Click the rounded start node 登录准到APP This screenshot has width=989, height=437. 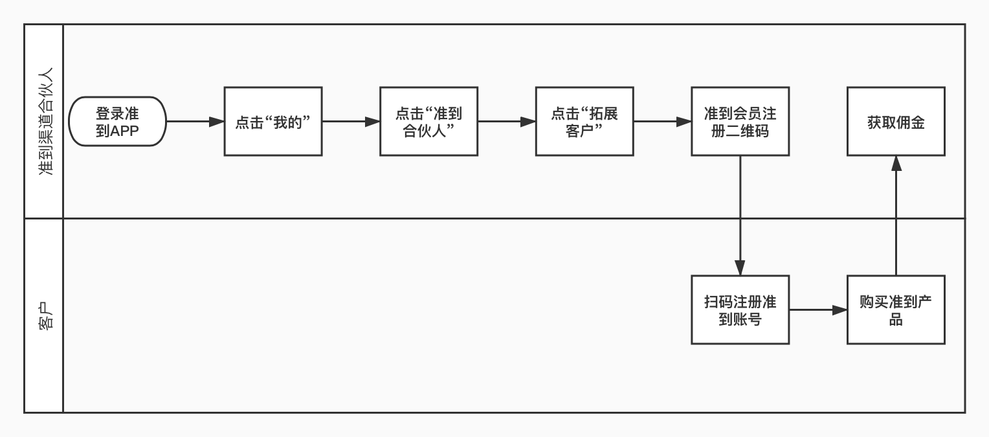117,122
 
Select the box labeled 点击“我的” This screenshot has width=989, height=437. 273,122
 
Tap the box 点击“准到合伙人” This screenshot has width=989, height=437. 428,122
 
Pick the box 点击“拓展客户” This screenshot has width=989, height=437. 584,122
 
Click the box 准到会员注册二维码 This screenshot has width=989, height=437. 740,122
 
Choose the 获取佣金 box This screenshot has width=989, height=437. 896,122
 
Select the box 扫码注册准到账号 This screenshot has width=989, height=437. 740,310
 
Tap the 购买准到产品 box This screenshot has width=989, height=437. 896,310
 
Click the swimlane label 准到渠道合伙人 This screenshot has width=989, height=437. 45,122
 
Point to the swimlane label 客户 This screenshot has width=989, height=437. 45,315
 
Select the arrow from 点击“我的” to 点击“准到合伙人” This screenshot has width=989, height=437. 351,122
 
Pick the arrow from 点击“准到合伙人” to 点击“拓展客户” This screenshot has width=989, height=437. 507,122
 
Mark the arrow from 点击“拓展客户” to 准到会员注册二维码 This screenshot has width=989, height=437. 662,122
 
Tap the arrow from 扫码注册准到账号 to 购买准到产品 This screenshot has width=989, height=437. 818,310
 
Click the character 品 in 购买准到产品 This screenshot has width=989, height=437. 896,319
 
